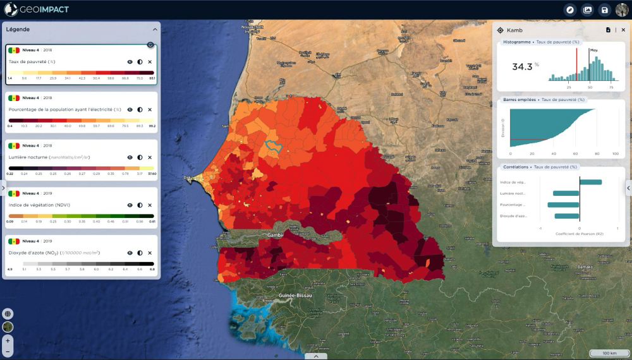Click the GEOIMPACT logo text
44,9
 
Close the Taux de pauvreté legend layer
150,62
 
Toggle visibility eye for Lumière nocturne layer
130,157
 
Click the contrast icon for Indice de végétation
140,205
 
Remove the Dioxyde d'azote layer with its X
150,253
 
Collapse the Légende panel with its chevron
155,29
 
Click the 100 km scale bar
609,353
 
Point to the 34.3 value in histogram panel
522,66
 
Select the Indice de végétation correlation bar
590,183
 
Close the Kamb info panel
623,30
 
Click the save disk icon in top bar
605,9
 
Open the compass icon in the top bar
570,9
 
